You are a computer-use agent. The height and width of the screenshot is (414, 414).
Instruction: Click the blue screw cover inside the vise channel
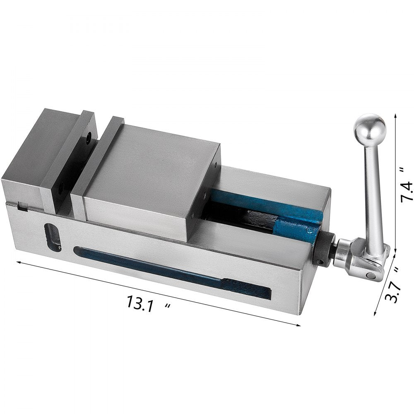[x=290, y=224]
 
